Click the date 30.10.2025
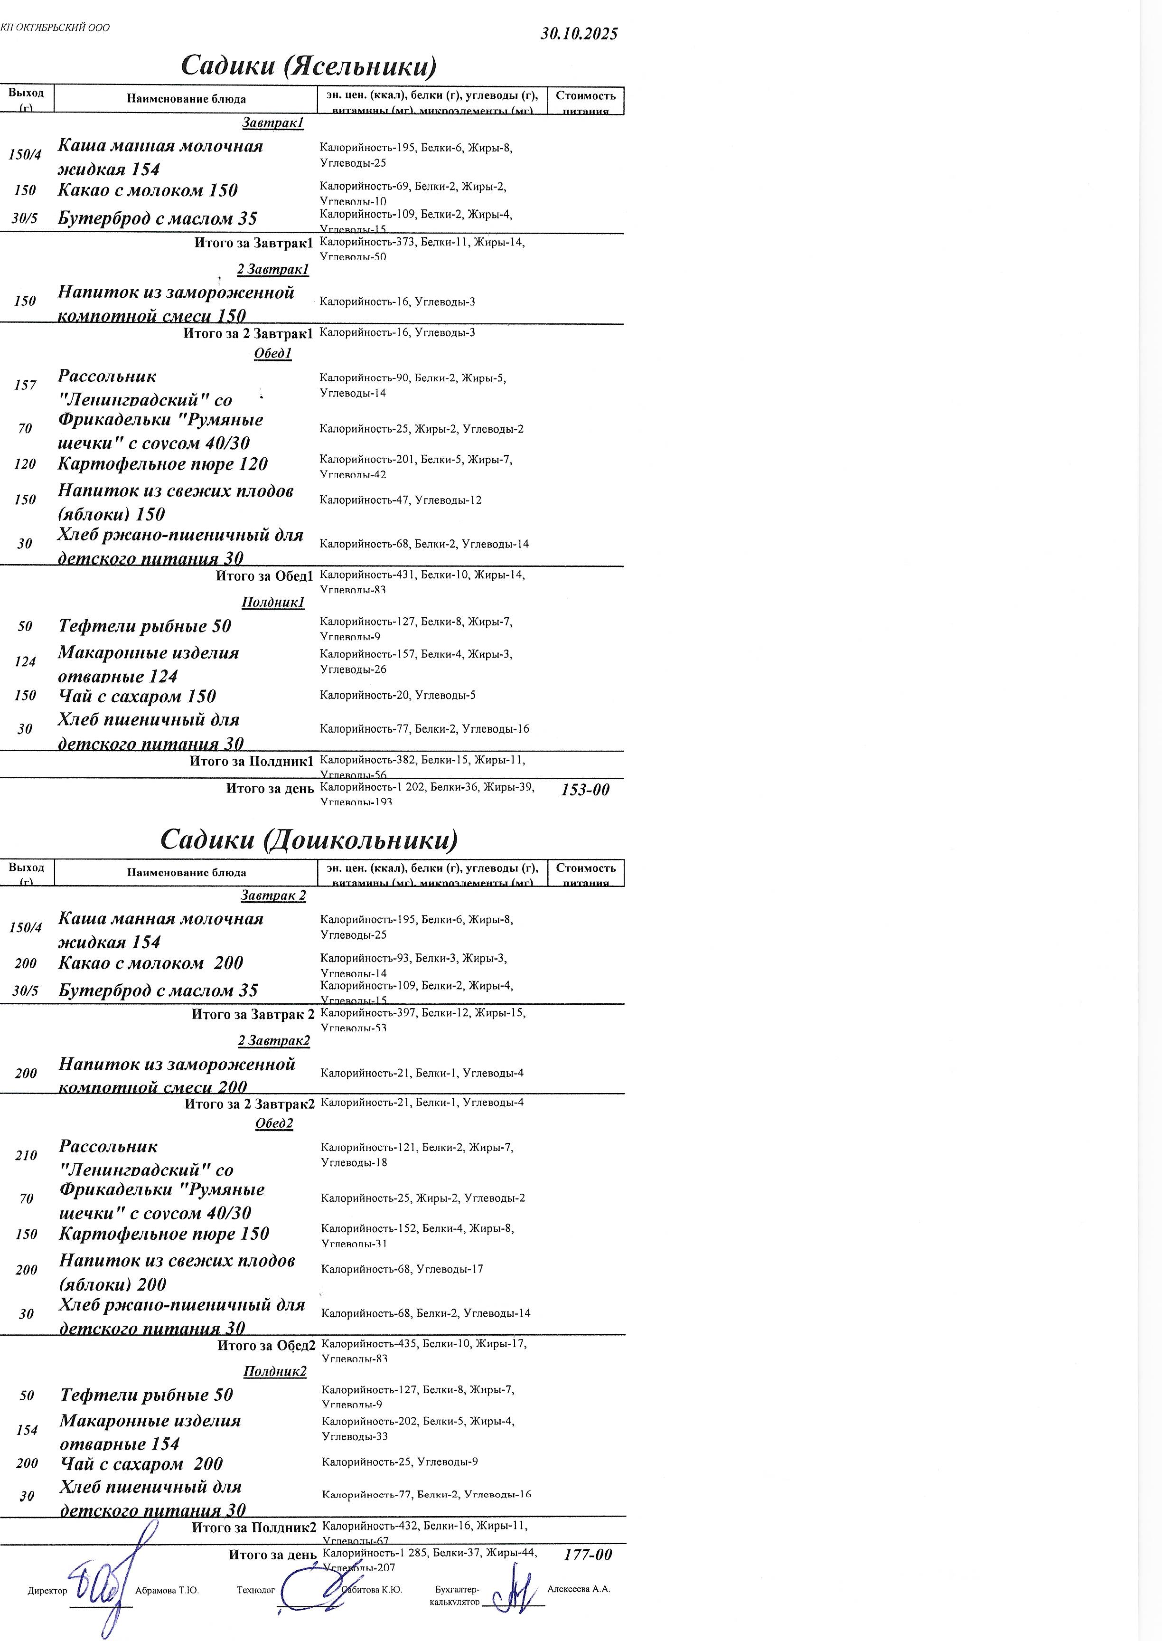[x=579, y=34]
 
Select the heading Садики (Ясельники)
[x=309, y=66]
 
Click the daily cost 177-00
[x=588, y=1555]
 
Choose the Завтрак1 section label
[x=272, y=123]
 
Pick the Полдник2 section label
[x=275, y=1371]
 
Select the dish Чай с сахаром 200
[x=141, y=1463]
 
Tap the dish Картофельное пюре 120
[x=162, y=464]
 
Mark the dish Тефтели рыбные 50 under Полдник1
[x=144, y=626]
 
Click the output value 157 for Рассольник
[x=25, y=385]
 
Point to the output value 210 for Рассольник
[x=26, y=1155]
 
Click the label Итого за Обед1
[x=264, y=576]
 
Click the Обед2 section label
[x=274, y=1123]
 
